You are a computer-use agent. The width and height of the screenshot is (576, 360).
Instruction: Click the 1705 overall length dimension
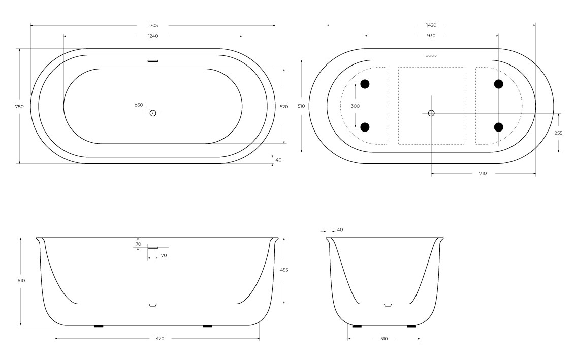coord(153,26)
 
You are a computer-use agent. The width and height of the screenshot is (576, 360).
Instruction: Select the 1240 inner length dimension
coord(153,36)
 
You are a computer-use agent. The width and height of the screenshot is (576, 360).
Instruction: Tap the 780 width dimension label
coord(19,107)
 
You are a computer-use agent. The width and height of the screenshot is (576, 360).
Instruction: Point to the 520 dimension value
coord(284,107)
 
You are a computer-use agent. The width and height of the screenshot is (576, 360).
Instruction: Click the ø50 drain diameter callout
coord(139,105)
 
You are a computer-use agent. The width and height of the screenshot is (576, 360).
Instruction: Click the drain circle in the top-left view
coord(153,113)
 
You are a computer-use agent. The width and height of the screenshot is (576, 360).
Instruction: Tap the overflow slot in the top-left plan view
coord(153,61)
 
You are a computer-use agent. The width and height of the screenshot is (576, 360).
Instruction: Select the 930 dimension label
coord(431,36)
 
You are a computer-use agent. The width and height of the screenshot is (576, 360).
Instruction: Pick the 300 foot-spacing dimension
coord(355,106)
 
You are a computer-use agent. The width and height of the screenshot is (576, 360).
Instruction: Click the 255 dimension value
coord(558,133)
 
